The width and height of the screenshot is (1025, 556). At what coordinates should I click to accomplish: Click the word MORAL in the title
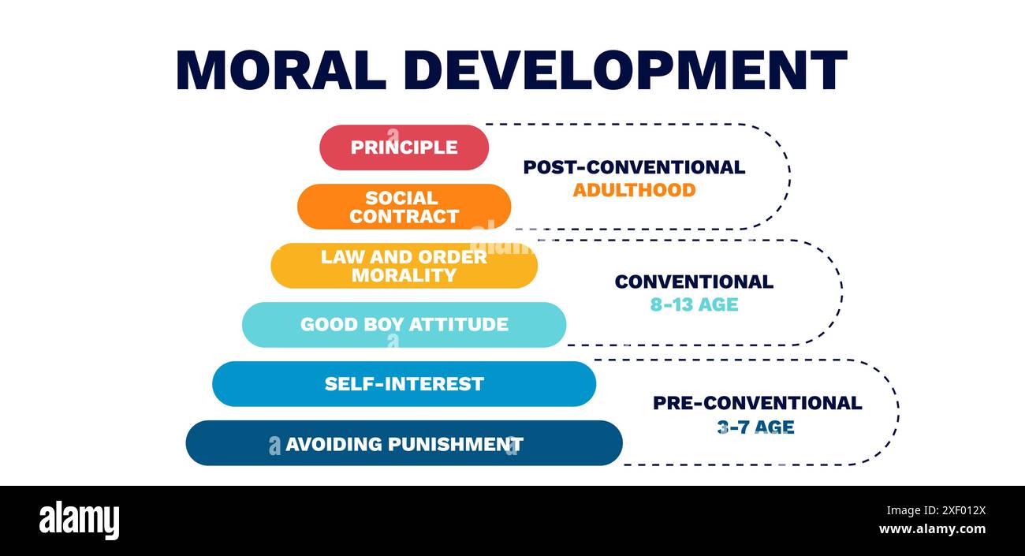click(280, 70)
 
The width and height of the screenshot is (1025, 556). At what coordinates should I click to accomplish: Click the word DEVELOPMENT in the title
click(623, 70)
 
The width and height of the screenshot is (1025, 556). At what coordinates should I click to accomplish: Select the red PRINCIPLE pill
click(404, 147)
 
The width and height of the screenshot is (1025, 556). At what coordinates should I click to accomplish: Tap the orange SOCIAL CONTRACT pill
click(404, 207)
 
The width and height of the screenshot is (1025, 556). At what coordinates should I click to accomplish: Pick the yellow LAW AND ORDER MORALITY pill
click(404, 266)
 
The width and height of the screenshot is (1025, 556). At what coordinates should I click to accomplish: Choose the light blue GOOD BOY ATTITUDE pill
click(404, 324)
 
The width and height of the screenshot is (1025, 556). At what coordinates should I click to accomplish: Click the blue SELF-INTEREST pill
click(404, 384)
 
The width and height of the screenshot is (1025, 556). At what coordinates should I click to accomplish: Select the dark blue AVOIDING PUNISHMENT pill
click(404, 443)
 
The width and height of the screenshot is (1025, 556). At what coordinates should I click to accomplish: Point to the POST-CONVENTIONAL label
click(634, 167)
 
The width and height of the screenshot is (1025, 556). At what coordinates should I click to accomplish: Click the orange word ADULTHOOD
click(634, 190)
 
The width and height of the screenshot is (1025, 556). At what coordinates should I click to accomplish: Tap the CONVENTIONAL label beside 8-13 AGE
click(694, 282)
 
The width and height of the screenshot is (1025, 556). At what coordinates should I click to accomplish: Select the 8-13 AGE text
click(694, 304)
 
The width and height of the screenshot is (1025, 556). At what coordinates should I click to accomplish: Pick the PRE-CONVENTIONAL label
click(757, 403)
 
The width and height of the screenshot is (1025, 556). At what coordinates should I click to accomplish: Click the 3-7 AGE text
click(755, 427)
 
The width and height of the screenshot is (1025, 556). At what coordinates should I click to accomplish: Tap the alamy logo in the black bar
click(79, 521)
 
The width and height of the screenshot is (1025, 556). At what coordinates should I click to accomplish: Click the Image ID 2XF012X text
click(931, 509)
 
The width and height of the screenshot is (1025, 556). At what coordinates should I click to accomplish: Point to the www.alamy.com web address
click(931, 529)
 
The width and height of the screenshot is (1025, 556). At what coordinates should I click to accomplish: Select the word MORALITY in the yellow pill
click(404, 275)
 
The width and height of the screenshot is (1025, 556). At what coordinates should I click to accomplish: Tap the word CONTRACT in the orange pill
click(404, 216)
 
